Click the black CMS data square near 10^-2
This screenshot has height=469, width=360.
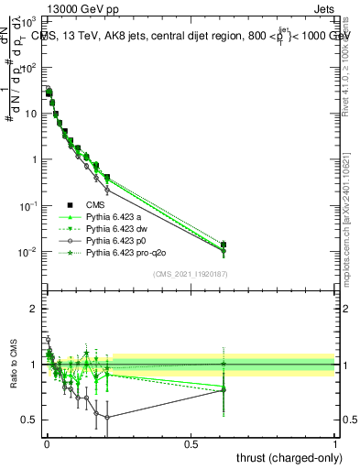click(224, 245)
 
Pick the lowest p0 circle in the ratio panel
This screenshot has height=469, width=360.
click(107, 418)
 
